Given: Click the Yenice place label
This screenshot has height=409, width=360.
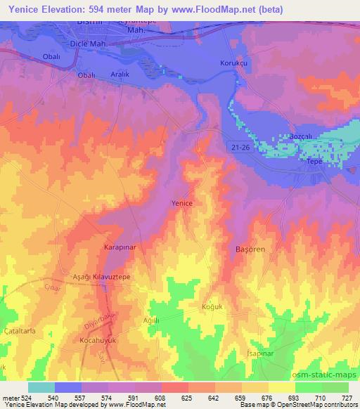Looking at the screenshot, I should pos(182,202).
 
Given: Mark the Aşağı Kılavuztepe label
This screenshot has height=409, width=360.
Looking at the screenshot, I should pos(103,277).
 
